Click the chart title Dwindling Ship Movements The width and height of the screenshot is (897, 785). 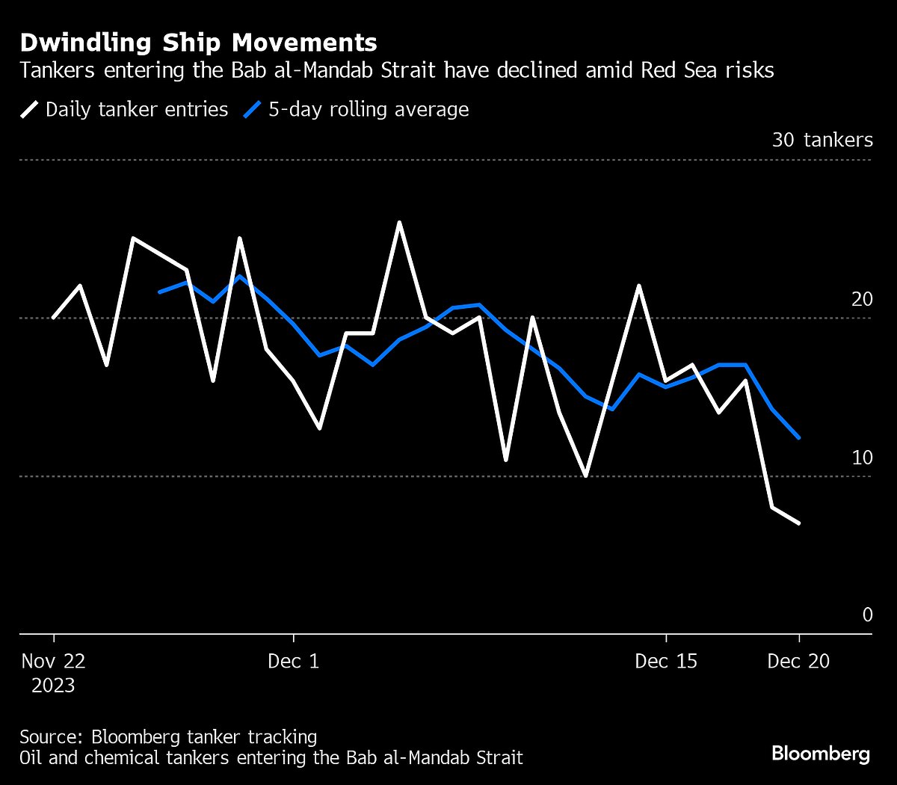(198, 42)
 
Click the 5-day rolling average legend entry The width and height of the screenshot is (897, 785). (357, 110)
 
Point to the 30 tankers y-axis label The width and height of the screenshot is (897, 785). (822, 140)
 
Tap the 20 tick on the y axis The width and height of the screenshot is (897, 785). (861, 299)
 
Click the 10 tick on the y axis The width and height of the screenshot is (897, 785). (861, 457)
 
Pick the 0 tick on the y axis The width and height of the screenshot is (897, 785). (867, 615)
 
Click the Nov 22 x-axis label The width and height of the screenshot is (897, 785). (53, 661)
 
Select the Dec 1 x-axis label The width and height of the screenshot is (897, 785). (293, 661)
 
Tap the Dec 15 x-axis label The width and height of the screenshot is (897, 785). (665, 661)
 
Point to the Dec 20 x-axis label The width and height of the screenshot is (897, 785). (798, 661)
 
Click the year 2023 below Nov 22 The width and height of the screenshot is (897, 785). (53, 685)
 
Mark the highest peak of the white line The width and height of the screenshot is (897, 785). (399, 222)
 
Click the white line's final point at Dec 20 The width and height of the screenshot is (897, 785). (799, 523)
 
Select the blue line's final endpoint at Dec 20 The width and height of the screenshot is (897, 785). (799, 437)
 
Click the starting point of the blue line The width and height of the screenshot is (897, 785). (160, 292)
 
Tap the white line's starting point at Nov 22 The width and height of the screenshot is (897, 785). (53, 318)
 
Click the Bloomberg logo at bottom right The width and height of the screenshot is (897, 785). (820, 753)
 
